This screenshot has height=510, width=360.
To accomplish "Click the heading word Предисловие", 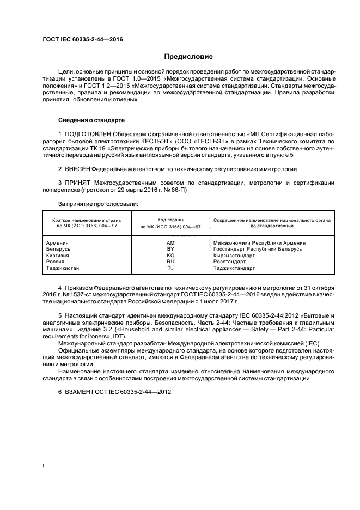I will (x=188, y=56).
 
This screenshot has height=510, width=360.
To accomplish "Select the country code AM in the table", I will (x=170, y=242).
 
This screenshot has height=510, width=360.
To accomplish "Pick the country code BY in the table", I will (x=170, y=249).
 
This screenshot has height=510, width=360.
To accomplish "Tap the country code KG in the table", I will (x=170, y=256).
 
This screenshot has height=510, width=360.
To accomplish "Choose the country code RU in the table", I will (x=170, y=262).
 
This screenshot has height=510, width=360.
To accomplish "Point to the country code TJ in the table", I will (x=170, y=268).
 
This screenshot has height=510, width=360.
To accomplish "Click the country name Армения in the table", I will (x=58, y=242).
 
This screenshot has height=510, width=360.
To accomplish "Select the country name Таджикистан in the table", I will (x=63, y=268).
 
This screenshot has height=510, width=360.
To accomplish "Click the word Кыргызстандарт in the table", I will (x=234, y=256).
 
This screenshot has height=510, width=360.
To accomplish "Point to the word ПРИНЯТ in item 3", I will (x=79, y=183).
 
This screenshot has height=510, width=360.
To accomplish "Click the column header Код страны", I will (x=170, y=219).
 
